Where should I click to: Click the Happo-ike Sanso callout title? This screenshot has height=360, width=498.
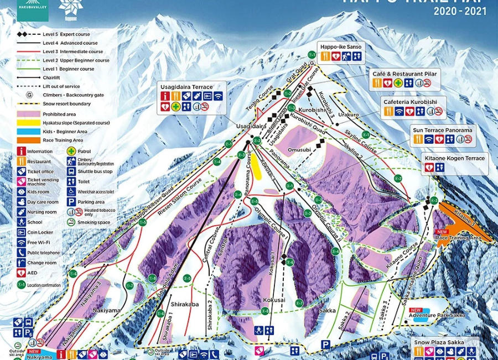tap(340, 47)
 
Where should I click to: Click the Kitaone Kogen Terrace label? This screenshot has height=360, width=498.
tap(454, 159)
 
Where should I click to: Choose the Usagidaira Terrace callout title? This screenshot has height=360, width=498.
tap(186, 87)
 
